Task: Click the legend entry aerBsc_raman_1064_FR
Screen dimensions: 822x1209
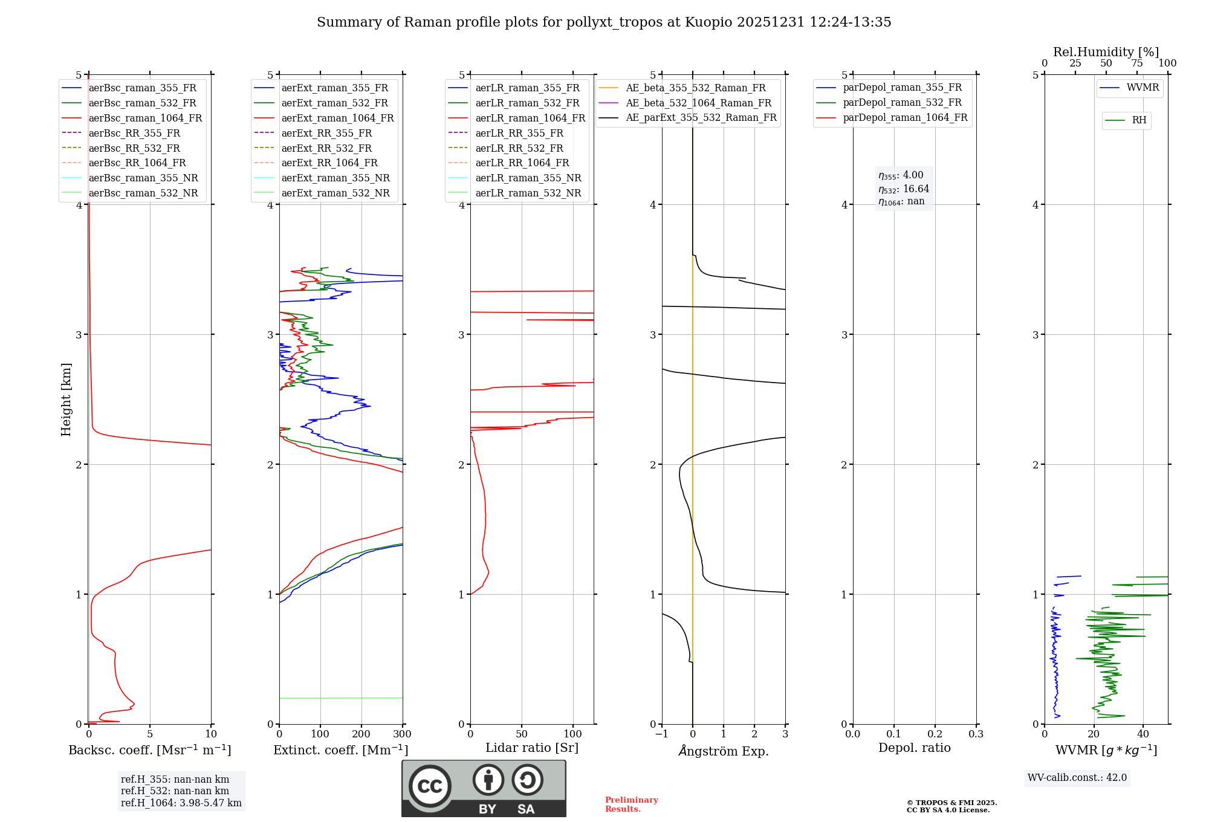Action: tap(145, 118)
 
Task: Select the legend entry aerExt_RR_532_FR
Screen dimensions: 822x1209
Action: tap(326, 148)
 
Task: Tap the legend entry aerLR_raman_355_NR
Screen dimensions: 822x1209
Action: tap(528, 178)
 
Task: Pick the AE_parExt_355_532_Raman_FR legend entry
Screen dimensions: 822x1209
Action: tap(701, 118)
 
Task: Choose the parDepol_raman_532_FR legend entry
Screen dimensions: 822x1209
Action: tap(902, 103)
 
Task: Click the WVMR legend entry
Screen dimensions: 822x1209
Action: tap(1143, 88)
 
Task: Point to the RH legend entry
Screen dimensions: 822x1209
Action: tap(1139, 120)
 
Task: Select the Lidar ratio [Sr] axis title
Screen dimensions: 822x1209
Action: tap(532, 748)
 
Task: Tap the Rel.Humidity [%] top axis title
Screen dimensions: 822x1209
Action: tap(1106, 52)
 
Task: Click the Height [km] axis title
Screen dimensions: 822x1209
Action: tap(66, 399)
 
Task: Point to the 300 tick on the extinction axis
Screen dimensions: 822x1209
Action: tap(403, 734)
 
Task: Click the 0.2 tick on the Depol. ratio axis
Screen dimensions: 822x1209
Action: tap(935, 734)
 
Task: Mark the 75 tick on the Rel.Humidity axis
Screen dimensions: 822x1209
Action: tap(1137, 63)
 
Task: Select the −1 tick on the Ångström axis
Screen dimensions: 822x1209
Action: tap(662, 734)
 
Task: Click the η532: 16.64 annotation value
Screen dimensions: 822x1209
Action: tap(904, 189)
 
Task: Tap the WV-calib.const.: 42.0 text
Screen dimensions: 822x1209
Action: tap(1077, 778)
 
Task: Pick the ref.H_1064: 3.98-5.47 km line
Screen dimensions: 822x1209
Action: tap(181, 803)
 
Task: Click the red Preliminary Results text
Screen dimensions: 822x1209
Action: tap(631, 804)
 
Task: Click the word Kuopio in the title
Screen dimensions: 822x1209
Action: tap(708, 22)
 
